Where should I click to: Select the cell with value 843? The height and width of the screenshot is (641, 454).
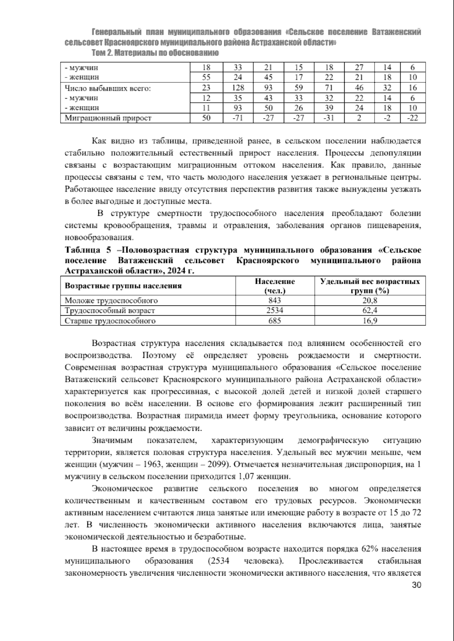[x=275, y=301]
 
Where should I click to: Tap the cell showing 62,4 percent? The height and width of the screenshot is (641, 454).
[x=370, y=311]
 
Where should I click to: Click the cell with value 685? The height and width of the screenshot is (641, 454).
[x=275, y=321]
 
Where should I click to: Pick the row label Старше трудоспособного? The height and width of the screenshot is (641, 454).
[x=110, y=321]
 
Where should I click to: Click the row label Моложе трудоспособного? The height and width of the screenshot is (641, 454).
[x=111, y=301]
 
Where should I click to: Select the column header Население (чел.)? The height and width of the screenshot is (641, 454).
[x=275, y=286]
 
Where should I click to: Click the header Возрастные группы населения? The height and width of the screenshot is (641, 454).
[x=123, y=286]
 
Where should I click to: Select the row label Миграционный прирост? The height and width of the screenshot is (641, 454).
[x=108, y=118]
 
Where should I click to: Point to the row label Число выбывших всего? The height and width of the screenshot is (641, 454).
[x=108, y=88]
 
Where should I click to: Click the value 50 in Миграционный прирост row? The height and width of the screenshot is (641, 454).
[x=206, y=118]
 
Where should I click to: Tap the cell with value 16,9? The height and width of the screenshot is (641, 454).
[x=370, y=321]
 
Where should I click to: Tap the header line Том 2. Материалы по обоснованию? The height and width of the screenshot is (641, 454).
[x=155, y=53]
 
